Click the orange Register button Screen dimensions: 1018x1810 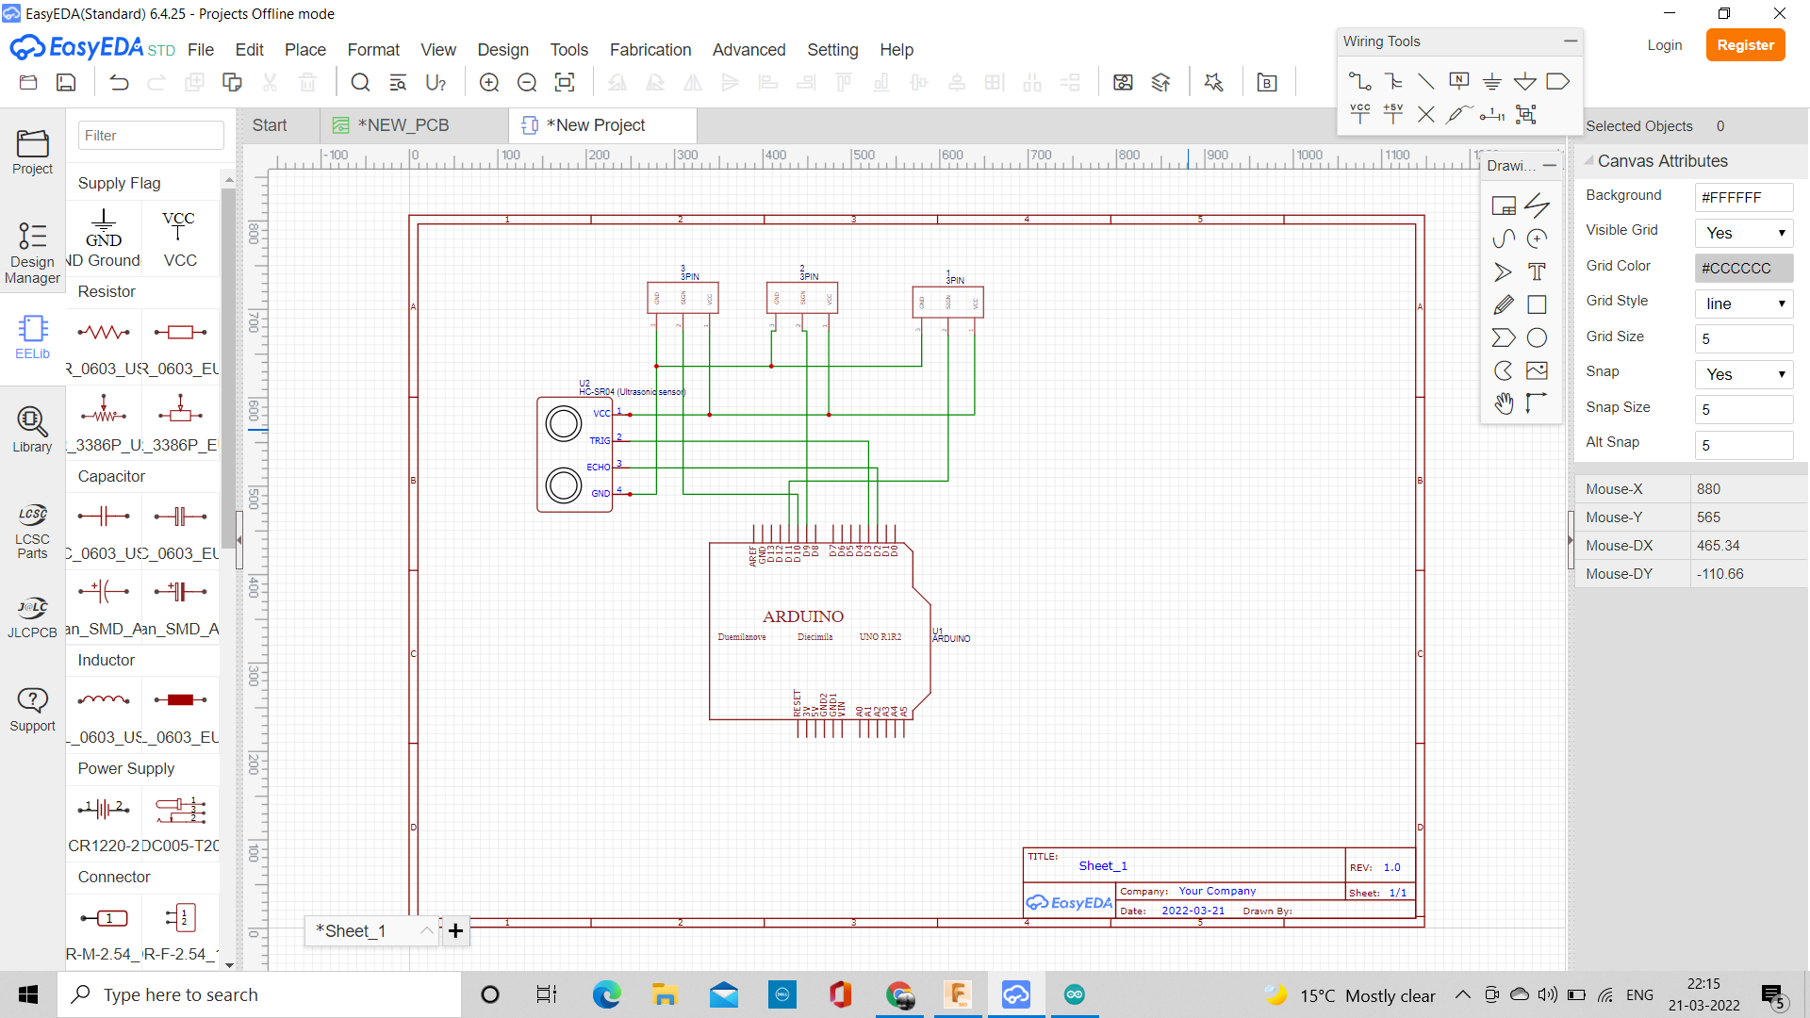[1745, 45]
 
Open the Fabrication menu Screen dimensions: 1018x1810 [650, 50]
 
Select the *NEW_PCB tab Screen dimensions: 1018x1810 [403, 125]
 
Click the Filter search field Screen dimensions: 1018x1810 [151, 136]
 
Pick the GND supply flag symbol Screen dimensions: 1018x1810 [104, 228]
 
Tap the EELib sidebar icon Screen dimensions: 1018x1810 [32, 337]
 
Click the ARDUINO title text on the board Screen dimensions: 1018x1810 [803, 616]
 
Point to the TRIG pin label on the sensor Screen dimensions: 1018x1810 [600, 440]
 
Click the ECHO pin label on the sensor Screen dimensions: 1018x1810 [598, 467]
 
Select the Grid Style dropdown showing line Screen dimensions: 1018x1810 [1743, 304]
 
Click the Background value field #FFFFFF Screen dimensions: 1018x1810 [1743, 197]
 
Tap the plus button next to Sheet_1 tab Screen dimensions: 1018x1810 [455, 931]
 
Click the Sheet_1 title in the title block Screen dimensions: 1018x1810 [1103, 865]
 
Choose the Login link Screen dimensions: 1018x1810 [1664, 45]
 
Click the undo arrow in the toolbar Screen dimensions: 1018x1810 [119, 83]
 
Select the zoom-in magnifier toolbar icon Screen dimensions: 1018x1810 [489, 83]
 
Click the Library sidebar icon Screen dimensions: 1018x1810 [32, 430]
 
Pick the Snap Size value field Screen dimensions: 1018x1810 [1743, 409]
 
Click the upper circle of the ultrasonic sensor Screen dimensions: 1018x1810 [564, 424]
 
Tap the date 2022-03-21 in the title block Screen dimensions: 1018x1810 [1193, 911]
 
